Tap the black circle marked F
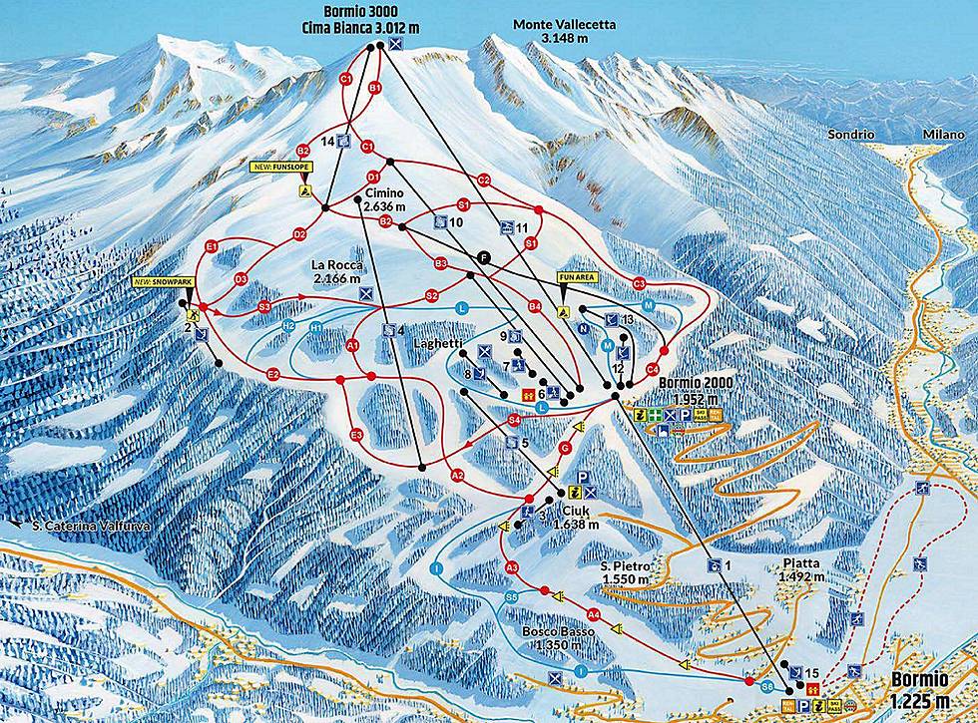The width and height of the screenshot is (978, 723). pyautogui.click(x=485, y=256)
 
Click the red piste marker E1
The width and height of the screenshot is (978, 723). pyautogui.click(x=211, y=246)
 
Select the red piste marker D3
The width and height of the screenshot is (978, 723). pyautogui.click(x=240, y=279)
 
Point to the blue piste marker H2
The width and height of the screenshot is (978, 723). pyautogui.click(x=288, y=326)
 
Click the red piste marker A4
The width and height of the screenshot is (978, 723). pyautogui.click(x=594, y=614)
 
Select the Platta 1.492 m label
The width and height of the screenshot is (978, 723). pyautogui.click(x=798, y=569)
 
